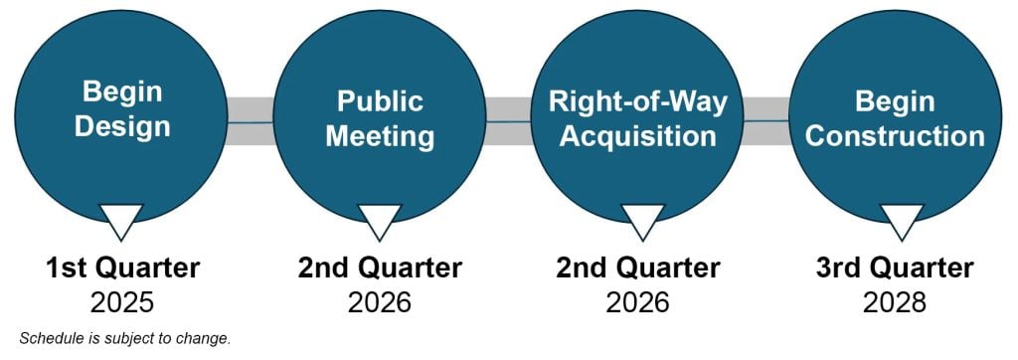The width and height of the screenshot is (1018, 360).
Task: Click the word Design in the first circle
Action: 122,128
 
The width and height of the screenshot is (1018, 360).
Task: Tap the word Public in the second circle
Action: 380,101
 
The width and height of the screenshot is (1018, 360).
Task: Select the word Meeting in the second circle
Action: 380,136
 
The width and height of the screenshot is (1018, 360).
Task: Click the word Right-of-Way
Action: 638,101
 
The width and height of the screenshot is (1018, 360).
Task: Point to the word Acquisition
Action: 638,136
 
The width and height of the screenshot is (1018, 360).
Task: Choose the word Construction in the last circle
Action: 895,136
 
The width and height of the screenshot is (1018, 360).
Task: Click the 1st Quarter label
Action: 122,268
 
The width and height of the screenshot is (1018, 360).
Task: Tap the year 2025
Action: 122,301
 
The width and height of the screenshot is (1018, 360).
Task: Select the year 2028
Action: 895,301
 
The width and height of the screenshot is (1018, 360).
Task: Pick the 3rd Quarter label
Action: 895,268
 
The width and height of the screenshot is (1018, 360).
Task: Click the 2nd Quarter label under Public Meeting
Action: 380,268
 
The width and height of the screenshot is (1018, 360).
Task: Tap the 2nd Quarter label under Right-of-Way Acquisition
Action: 638,268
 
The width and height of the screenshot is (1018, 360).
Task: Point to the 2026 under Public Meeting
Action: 380,301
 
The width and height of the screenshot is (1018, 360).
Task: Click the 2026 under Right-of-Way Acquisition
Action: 638,301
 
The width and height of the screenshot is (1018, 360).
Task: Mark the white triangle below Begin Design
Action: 122,219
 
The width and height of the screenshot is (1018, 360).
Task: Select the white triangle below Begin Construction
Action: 903,219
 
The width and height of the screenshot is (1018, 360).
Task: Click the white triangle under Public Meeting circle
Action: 380,219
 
